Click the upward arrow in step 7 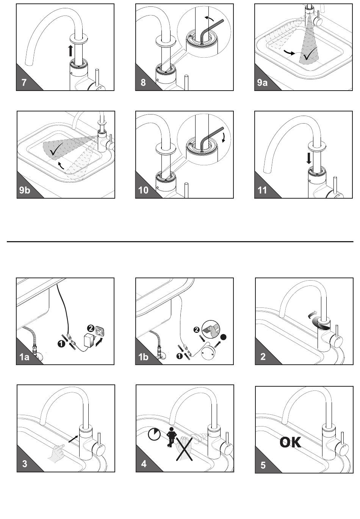(x=70, y=50)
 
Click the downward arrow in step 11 (x=309, y=159)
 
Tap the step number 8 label (x=143, y=83)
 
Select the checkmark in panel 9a (x=310, y=54)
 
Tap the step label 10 (x=143, y=190)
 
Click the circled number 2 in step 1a (x=91, y=328)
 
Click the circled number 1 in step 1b (x=179, y=356)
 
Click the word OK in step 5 (x=290, y=442)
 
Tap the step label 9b (x=25, y=190)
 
